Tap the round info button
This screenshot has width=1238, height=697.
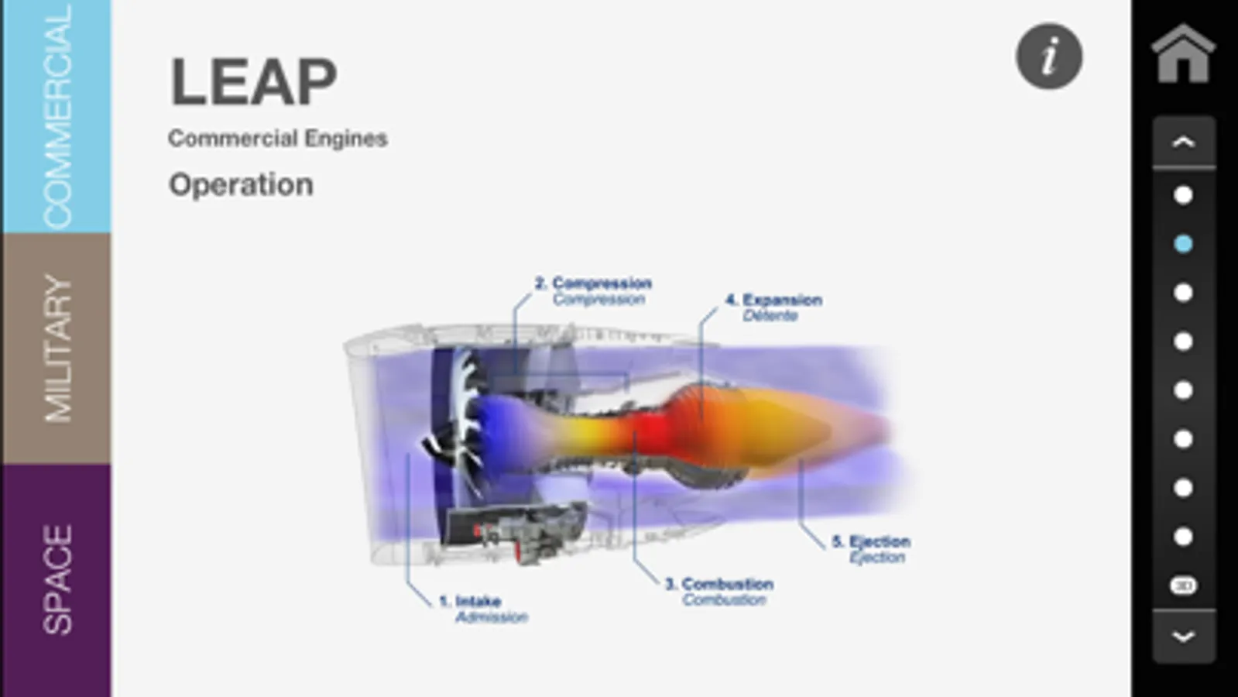click(1049, 57)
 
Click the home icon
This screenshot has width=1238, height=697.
click(1183, 54)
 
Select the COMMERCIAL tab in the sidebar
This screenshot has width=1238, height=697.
click(56, 116)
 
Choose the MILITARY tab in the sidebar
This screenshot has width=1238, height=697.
click(56, 348)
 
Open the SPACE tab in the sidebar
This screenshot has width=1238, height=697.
click(56, 581)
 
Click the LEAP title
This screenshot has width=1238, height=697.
click(253, 82)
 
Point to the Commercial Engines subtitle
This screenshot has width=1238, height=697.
click(277, 139)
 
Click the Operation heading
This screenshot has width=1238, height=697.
click(241, 185)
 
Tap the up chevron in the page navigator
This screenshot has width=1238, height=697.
click(1183, 142)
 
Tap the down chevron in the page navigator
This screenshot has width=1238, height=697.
click(1183, 637)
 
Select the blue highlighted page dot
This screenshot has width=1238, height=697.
click(1183, 244)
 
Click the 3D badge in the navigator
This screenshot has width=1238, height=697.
click(1183, 585)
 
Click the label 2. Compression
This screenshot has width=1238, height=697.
click(594, 283)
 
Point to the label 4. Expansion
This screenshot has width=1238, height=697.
click(773, 300)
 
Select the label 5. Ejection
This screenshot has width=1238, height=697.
click(871, 541)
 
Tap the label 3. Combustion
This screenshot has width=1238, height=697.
click(719, 584)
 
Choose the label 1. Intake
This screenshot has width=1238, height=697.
click(470, 601)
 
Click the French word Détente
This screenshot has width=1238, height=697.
click(770, 316)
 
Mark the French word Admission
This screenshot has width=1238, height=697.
click(492, 617)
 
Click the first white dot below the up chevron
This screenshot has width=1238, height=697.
click(1183, 195)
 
